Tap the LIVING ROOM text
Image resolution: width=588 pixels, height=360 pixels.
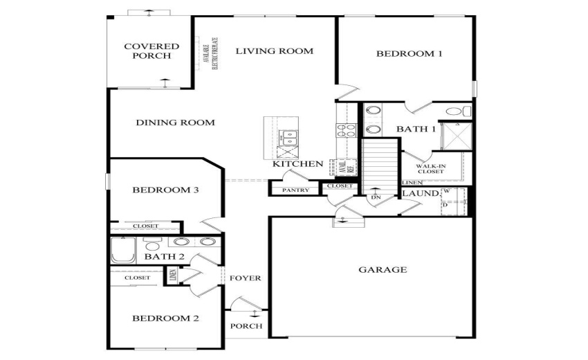274,51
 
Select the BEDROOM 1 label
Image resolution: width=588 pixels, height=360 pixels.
409,53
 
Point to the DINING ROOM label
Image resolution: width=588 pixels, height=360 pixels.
175,123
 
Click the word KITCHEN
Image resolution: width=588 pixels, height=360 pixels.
297,164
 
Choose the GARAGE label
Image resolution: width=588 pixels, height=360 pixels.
383,269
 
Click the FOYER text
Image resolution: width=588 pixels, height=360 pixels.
246,278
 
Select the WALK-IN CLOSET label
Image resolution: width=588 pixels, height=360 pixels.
430,168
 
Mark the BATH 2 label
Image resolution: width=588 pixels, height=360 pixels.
163,258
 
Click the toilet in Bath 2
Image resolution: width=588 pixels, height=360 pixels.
152,244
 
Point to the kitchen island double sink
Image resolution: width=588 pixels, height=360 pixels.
287,138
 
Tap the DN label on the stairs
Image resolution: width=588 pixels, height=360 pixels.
376,197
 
